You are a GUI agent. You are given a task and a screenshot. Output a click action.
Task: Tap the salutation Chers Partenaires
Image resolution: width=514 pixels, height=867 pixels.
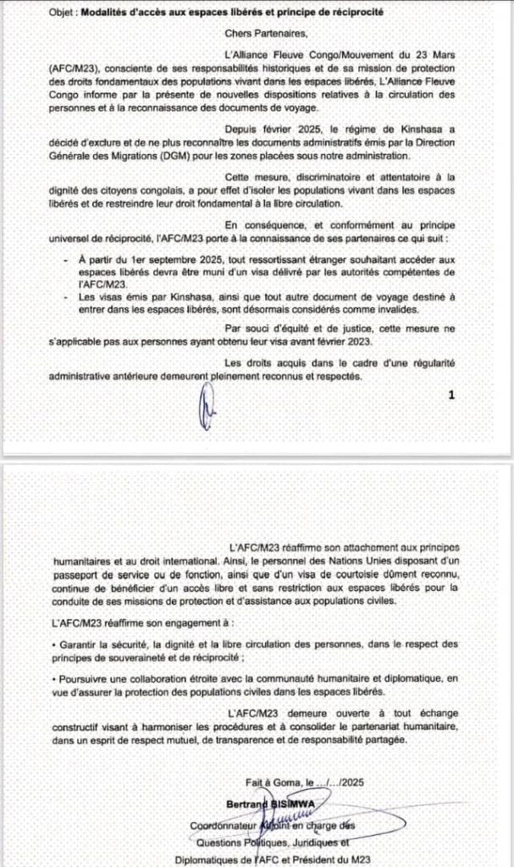(261, 34)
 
